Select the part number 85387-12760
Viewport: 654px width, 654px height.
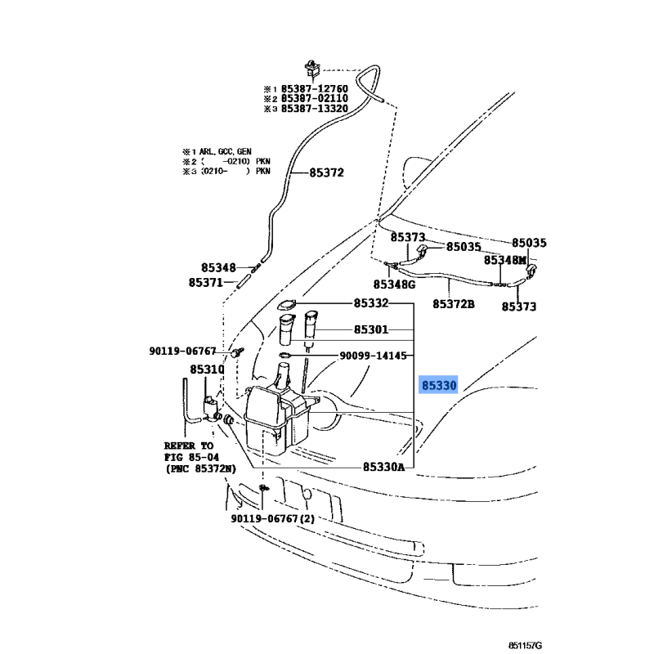(315, 87)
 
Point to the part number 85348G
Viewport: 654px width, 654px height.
(395, 284)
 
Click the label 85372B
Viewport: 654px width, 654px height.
(453, 304)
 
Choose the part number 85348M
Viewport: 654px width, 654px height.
(504, 260)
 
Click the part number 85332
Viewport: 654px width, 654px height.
(371, 303)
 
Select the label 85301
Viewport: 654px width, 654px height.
(371, 330)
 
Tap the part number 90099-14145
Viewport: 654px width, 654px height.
(373, 356)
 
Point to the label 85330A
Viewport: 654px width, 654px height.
(383, 467)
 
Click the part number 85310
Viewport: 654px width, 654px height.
(207, 370)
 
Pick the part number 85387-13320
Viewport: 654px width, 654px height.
(315, 109)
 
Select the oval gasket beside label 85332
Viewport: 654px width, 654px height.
(286, 306)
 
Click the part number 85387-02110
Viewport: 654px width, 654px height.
(315, 98)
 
